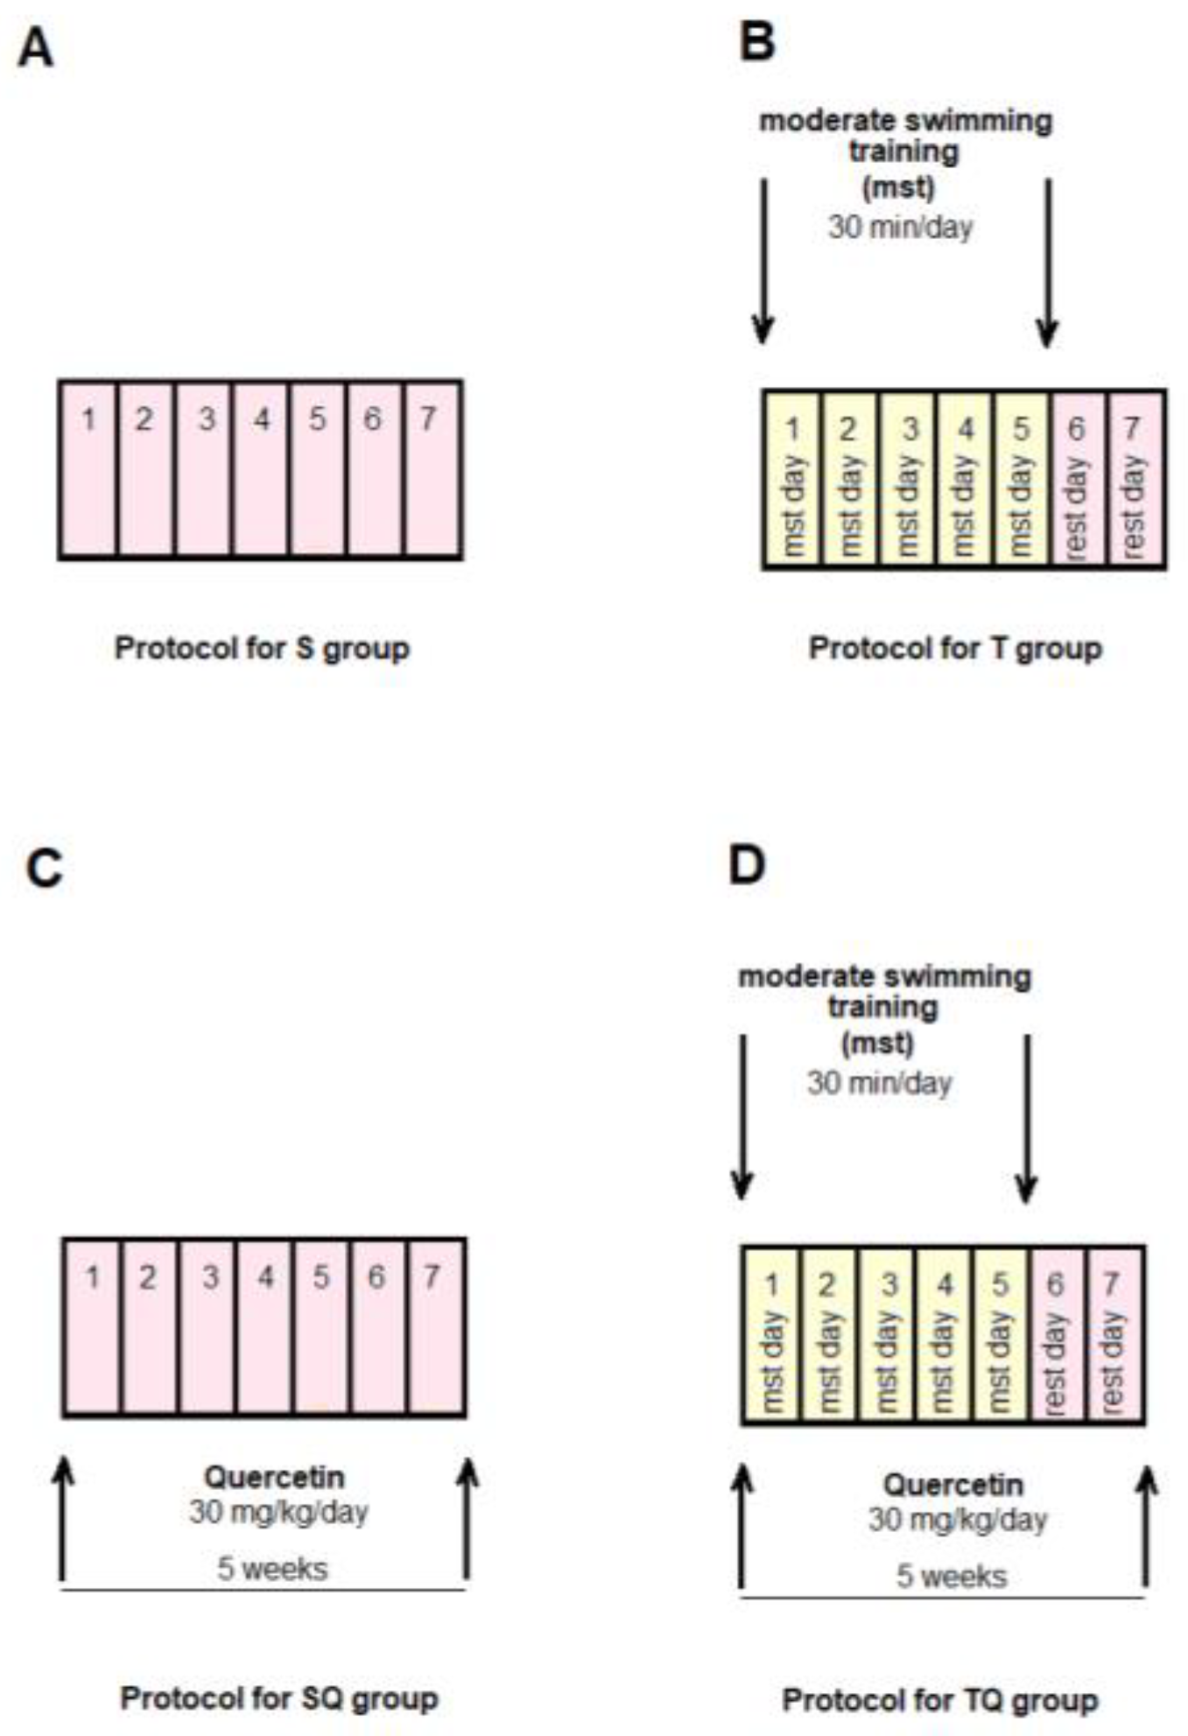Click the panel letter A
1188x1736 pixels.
[x=36, y=49]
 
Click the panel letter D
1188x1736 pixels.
[x=747, y=865]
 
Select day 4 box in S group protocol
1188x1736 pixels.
[x=261, y=470]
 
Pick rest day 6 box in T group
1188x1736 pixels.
[x=1078, y=481]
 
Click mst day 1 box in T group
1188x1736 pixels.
[x=793, y=481]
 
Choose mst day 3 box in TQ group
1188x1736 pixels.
[x=888, y=1336]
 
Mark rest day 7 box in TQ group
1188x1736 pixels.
[x=1114, y=1336]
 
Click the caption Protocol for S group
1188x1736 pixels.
[x=262, y=649]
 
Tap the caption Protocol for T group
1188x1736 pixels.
[x=955, y=649]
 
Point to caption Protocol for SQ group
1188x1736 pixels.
[x=279, y=1698]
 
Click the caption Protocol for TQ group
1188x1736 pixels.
[x=939, y=1700]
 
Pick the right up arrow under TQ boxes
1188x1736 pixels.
[x=1146, y=1528]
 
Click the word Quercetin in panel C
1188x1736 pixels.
[x=274, y=1477]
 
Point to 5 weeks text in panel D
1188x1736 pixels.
[x=951, y=1577]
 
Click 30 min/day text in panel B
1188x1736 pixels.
[x=900, y=228]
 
